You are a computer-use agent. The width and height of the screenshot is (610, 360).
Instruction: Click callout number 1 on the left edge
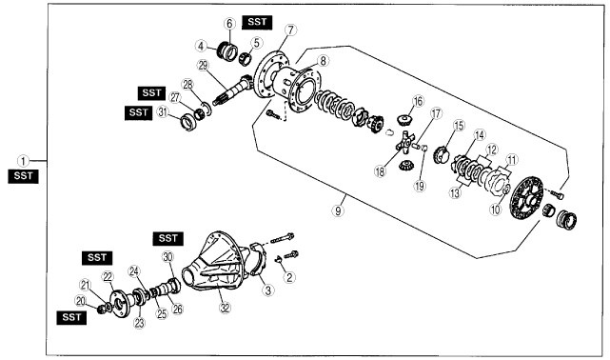[24, 161]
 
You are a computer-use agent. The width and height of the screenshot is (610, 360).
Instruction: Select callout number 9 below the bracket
[338, 210]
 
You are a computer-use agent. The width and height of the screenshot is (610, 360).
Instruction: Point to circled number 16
[418, 101]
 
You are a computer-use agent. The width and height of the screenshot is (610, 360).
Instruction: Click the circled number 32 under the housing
[225, 308]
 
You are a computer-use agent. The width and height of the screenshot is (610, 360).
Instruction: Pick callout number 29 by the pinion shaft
[203, 66]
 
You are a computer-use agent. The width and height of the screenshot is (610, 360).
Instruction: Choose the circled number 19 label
[420, 186]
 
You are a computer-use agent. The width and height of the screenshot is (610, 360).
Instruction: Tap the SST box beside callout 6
[257, 22]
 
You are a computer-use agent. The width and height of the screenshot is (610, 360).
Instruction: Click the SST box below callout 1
[24, 176]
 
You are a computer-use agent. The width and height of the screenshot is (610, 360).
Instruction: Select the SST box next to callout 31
[139, 113]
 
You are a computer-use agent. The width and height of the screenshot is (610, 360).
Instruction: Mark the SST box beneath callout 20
[71, 317]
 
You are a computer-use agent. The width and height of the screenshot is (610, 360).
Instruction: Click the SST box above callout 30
[168, 239]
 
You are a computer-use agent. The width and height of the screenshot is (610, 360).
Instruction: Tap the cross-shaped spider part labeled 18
[405, 143]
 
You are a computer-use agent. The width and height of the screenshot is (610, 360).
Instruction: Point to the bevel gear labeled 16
[404, 118]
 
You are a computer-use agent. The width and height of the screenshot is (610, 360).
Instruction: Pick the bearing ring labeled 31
[189, 122]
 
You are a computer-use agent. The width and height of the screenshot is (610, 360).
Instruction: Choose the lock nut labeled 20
[103, 310]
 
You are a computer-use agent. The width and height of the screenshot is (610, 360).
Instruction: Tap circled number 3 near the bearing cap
[267, 290]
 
